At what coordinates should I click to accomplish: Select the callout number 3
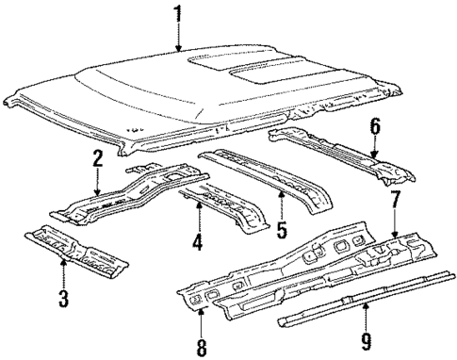(x=62, y=302)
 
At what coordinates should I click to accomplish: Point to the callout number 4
(x=196, y=242)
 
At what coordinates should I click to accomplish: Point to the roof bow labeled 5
(x=273, y=179)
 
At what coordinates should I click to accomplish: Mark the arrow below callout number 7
(x=395, y=226)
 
